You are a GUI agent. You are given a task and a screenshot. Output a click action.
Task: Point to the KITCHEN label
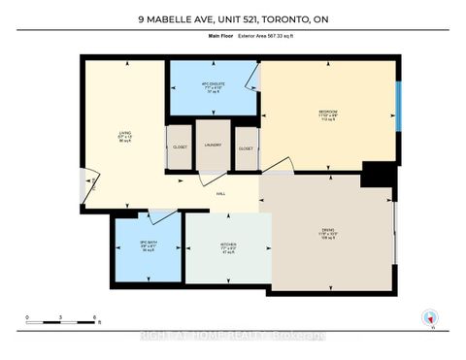(x=227, y=245)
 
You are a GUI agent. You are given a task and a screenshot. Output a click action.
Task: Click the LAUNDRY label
(x=213, y=147)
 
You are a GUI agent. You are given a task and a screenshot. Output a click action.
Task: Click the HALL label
(x=220, y=193)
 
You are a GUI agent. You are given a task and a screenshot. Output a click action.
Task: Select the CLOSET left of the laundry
(x=180, y=148)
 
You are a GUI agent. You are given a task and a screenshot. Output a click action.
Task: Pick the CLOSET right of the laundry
(x=246, y=148)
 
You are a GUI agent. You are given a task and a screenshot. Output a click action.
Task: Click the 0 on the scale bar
(x=29, y=317)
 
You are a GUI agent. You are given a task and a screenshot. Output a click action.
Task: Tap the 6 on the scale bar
(x=93, y=317)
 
